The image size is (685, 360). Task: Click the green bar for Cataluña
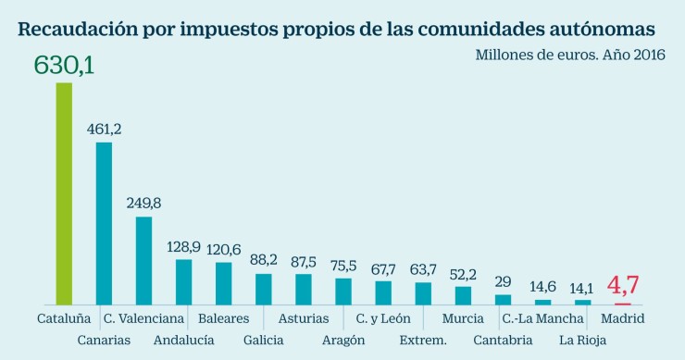64,193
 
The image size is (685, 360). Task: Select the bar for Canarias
104,223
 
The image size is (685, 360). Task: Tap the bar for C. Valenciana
143,261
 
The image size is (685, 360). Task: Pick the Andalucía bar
183,282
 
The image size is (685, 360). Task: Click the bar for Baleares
223,283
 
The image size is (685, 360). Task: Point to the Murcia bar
463,295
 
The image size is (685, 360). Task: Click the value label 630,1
64,65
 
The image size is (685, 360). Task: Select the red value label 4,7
623,284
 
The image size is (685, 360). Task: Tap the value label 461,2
104,129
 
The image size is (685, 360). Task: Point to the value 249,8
143,203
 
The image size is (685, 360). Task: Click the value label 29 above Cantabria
503,281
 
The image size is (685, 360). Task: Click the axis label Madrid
623,319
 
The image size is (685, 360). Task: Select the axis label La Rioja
583,340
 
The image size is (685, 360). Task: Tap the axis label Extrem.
423,340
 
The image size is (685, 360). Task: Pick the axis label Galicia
263,340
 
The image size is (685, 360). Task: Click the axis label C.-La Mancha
542,319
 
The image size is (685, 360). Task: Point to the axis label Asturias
303,319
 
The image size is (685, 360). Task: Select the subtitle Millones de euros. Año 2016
570,55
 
